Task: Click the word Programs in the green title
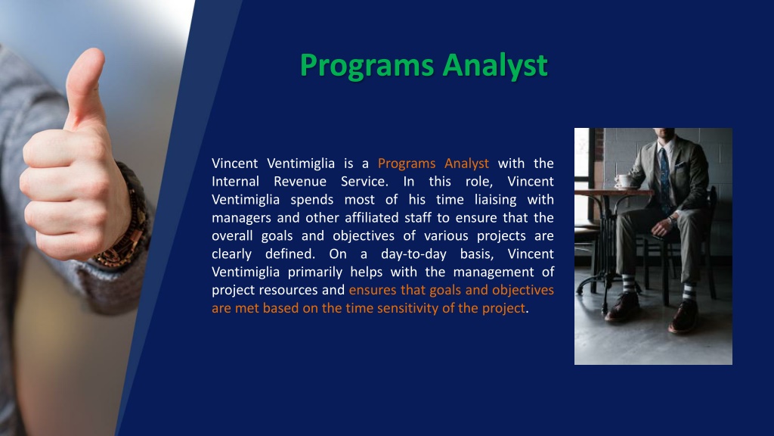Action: point(367,65)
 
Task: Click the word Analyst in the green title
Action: point(495,65)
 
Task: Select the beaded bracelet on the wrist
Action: point(125,217)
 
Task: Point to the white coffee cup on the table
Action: point(624,181)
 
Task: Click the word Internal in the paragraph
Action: point(236,182)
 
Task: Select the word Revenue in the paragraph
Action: point(300,182)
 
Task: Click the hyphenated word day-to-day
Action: point(413,254)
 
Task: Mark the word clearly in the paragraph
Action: point(231,254)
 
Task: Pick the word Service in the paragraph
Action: point(364,182)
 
